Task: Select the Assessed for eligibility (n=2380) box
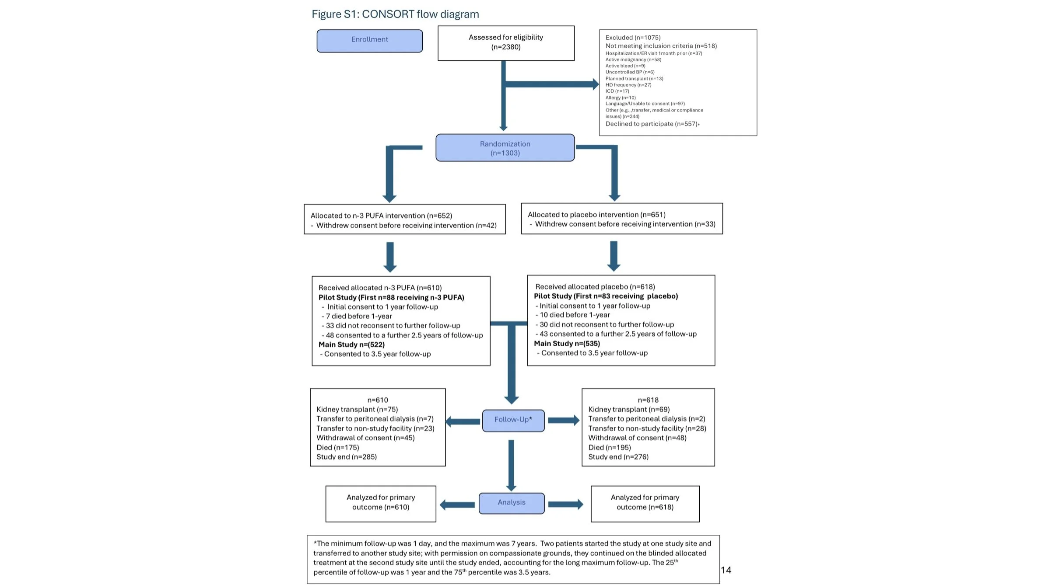[x=506, y=43]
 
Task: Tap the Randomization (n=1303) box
[x=505, y=148]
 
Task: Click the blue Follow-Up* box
[x=513, y=420]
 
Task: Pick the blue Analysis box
[x=512, y=503]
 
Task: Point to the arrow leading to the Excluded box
[x=551, y=84]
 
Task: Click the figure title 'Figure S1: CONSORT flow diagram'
[x=395, y=14]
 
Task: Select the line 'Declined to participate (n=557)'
[x=652, y=124]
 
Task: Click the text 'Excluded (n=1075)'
[x=633, y=38]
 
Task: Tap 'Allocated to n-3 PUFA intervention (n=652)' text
[x=381, y=216]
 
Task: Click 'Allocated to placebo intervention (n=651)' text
[x=596, y=215]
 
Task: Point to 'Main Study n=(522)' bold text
[x=351, y=345]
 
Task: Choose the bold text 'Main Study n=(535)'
[x=567, y=344]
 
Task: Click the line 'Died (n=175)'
[x=338, y=447]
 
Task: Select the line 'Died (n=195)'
[x=610, y=447]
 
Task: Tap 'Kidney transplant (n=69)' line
[x=629, y=409]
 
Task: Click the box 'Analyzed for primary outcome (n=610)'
[x=381, y=503]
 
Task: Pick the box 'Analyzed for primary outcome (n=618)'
[x=645, y=503]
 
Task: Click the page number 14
[x=726, y=570]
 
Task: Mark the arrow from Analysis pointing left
[x=457, y=505]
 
